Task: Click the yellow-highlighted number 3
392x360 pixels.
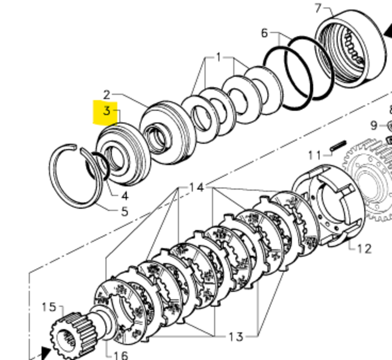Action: pyautogui.click(x=107, y=111)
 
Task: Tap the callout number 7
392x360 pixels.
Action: pyautogui.click(x=318, y=8)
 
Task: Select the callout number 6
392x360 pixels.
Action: pyautogui.click(x=265, y=33)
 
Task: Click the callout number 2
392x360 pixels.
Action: pyautogui.click(x=107, y=95)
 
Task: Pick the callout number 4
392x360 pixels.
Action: pyautogui.click(x=124, y=196)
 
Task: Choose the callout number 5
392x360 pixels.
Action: pyautogui.click(x=124, y=212)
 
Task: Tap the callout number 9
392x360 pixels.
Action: pyautogui.click(x=374, y=126)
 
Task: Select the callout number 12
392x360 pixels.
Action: pyautogui.click(x=364, y=249)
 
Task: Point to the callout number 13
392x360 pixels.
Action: pyautogui.click(x=236, y=336)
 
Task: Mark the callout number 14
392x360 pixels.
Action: pyautogui.click(x=196, y=187)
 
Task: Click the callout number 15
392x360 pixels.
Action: pyautogui.click(x=49, y=307)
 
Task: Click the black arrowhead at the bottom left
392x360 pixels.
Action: pyautogui.click(x=46, y=353)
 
